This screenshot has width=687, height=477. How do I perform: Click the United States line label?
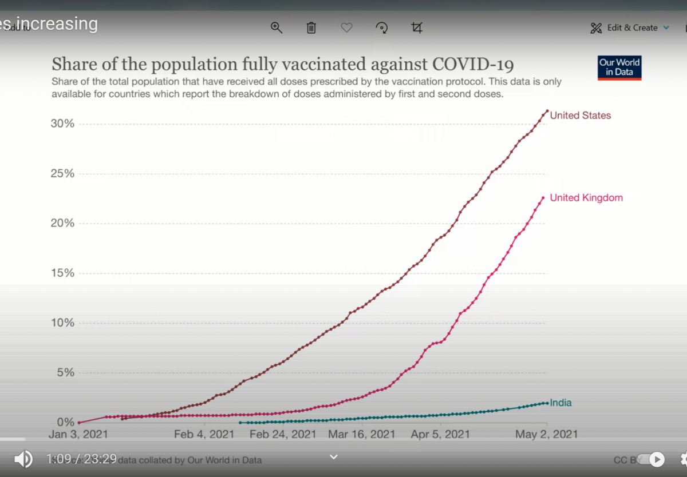coord(580,116)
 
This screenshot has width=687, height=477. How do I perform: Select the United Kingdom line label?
coord(586,198)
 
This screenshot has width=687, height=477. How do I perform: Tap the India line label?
coord(560,403)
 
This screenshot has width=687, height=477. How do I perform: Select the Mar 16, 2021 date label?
coord(361,434)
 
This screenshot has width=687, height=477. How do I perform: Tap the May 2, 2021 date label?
coord(546,434)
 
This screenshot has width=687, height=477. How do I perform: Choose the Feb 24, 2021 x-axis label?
coord(282,434)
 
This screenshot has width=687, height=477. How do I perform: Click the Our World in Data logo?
coord(619,67)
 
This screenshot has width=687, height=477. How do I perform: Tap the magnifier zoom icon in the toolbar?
coord(277,27)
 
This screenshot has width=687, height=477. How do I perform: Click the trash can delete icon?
coord(311,27)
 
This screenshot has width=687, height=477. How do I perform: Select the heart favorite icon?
coord(346,27)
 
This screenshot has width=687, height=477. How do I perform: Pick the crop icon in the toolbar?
coord(417,27)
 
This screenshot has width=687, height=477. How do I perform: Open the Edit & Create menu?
coord(630,27)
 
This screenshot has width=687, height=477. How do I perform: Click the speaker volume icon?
coord(23,459)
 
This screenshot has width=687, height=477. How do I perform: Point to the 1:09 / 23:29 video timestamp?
coord(81,459)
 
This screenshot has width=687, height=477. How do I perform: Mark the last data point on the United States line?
coord(547,110)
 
